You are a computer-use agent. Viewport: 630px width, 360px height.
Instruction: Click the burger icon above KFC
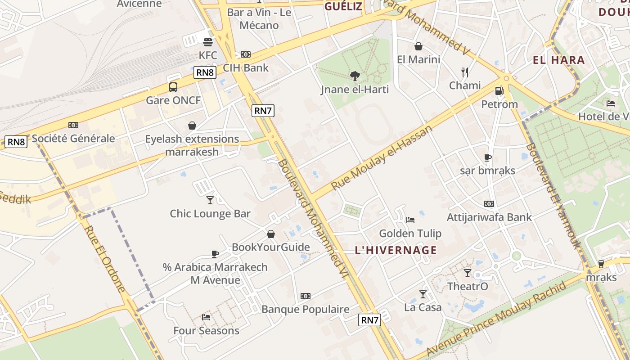[x=208, y=42]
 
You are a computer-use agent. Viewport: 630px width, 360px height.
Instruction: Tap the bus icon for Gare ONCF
[x=173, y=87]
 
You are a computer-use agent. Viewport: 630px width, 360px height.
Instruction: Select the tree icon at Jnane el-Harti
[x=355, y=76]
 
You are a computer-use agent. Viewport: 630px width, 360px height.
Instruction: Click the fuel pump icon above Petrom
[x=499, y=91]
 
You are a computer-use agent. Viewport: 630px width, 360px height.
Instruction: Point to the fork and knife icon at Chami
[x=465, y=72]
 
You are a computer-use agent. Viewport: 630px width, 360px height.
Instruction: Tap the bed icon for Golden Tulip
[x=410, y=220]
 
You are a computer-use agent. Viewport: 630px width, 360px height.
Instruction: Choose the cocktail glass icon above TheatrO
[x=468, y=273]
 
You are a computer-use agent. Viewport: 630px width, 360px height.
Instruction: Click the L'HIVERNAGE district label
[x=396, y=250]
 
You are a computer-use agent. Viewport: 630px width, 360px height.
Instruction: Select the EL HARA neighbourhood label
[x=558, y=60]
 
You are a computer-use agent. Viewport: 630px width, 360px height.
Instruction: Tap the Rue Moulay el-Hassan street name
[x=382, y=157]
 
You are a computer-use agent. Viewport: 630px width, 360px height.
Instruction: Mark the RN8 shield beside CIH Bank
[x=205, y=72]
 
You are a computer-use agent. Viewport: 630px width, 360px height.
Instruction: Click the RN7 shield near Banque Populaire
[x=370, y=320]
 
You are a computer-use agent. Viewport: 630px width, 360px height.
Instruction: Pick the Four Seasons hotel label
[x=207, y=331]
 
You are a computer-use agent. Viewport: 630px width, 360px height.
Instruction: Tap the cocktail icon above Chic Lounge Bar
[x=210, y=200]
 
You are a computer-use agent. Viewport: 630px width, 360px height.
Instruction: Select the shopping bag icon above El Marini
[x=418, y=46]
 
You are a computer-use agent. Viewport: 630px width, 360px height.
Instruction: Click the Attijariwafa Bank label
[x=489, y=217]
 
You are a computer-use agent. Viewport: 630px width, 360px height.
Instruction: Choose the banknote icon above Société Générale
[x=73, y=125]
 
